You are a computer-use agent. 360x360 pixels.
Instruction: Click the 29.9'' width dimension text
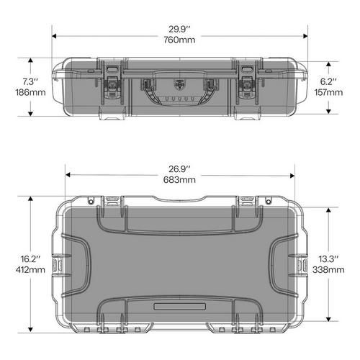click(179, 29)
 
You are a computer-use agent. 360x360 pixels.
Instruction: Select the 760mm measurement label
click(179, 40)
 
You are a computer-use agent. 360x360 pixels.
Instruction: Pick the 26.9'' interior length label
click(179, 168)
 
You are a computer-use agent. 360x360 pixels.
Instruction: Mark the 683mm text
click(179, 179)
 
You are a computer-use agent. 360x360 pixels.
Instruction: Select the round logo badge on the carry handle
click(179, 81)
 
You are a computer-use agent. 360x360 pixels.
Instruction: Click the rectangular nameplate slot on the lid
click(179, 307)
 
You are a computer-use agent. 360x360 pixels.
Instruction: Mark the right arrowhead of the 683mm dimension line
click(293, 174)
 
